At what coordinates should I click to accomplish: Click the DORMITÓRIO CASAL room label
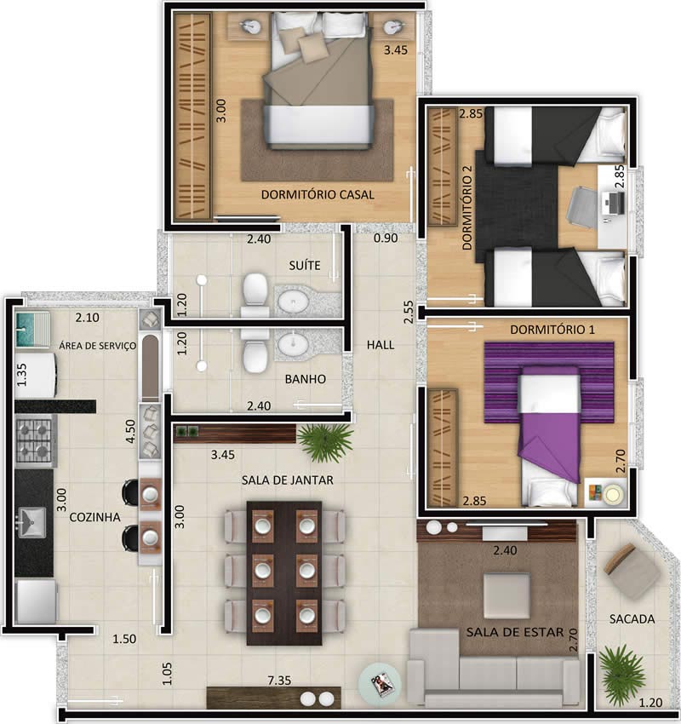click(318, 194)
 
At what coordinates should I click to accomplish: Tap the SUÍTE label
click(304, 265)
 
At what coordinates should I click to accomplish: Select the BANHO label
click(306, 379)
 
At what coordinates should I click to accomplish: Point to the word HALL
click(380, 345)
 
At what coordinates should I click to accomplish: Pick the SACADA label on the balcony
click(632, 619)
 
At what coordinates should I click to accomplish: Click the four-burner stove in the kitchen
click(34, 441)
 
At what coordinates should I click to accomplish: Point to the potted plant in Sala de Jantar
click(326, 440)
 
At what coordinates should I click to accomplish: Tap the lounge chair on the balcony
click(630, 570)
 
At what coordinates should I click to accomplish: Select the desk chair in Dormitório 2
click(584, 205)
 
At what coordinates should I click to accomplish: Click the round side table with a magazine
click(380, 681)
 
